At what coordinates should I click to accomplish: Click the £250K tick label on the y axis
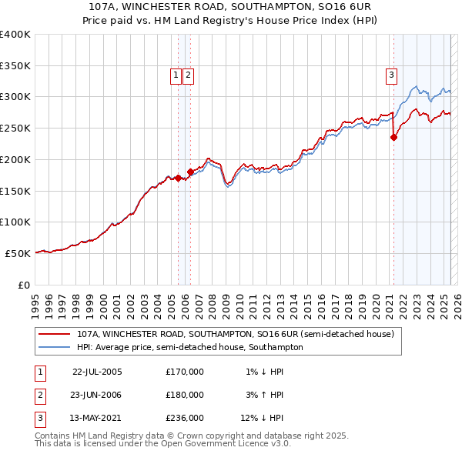15,128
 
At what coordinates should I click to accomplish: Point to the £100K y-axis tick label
15,222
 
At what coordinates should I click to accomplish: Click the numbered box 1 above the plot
176,75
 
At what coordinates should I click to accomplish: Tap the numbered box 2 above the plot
188,75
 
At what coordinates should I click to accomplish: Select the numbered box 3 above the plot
392,75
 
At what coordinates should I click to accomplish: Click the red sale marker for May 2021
393,138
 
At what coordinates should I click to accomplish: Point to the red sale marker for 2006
190,172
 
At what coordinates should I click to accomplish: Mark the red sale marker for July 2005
178,178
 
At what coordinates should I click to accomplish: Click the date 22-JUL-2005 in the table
97,372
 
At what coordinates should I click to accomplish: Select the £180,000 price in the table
185,395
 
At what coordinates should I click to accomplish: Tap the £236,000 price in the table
185,418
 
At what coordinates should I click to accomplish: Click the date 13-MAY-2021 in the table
96,418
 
